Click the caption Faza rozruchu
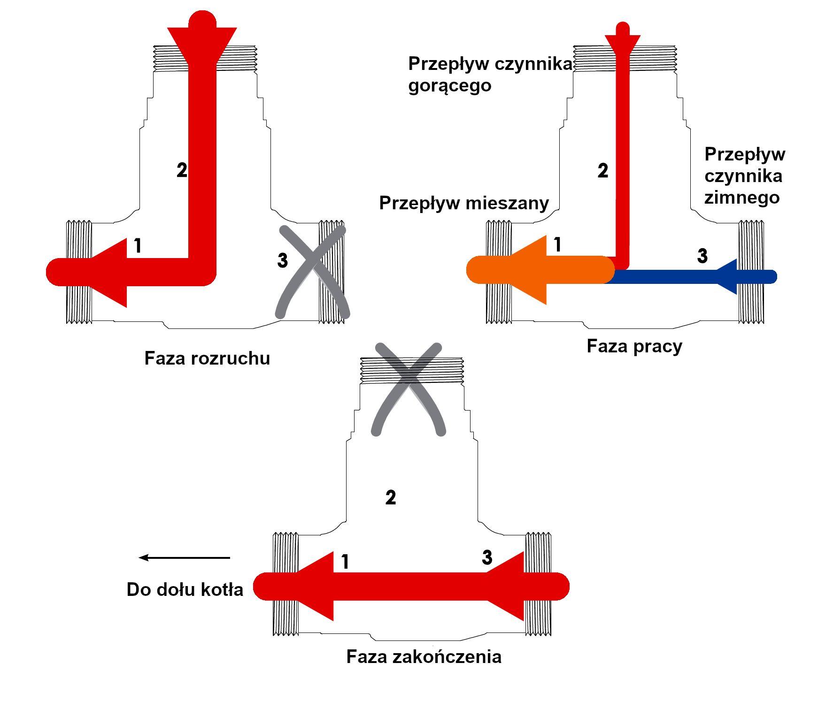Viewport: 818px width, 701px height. coord(207,358)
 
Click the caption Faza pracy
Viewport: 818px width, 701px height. coord(634,346)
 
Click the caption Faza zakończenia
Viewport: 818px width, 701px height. coord(424,656)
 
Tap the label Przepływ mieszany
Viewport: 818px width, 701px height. coord(464,204)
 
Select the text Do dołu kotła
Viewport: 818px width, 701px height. coord(185,589)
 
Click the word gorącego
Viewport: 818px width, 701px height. coord(449,86)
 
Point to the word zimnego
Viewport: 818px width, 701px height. coord(742,197)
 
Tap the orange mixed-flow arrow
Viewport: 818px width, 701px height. coord(540,270)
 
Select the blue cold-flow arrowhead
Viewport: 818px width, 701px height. coord(727,277)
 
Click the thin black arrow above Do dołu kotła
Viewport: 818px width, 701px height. coord(185,557)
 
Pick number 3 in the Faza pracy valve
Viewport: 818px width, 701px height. coord(702,256)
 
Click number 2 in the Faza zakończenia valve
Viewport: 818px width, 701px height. coord(390,497)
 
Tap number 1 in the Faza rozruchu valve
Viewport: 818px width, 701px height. coord(138,246)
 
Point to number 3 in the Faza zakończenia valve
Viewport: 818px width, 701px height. coord(487,557)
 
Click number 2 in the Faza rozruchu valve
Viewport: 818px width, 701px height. coord(182,170)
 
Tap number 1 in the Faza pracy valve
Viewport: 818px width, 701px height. coord(557,244)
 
